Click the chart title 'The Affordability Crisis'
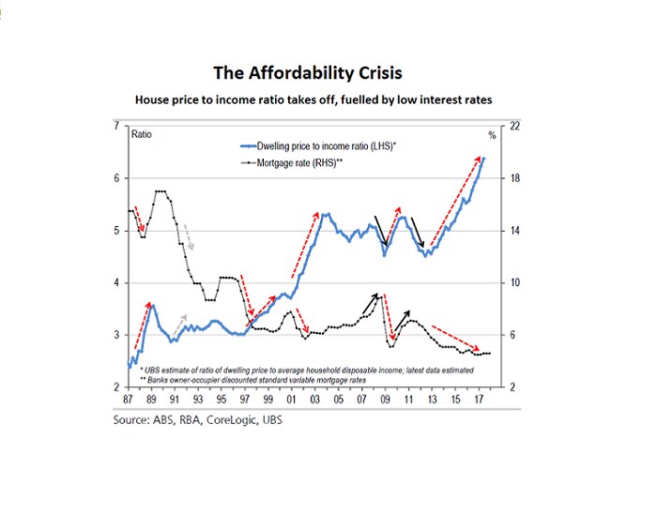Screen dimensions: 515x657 pyautogui.click(x=310, y=72)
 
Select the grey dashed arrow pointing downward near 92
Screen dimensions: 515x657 pyautogui.click(x=188, y=236)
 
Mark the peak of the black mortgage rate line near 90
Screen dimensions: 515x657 pyautogui.click(x=160, y=191)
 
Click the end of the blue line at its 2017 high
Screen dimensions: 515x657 pyautogui.click(x=483, y=158)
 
